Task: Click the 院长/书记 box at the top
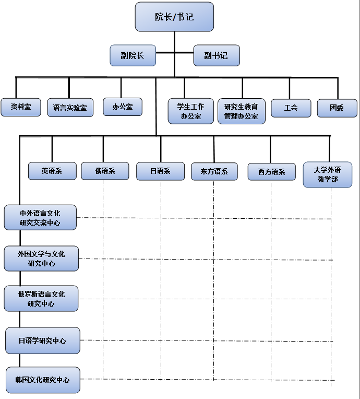pos(174,17)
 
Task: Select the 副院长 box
pos(133,55)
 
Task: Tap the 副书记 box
pos(216,55)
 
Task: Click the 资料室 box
pos(21,107)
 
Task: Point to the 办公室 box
pos(123,107)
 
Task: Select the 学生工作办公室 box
pos(191,111)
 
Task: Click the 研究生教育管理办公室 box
pos(241,111)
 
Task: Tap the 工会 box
pos(291,108)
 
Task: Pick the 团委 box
pos(337,108)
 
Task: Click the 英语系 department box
pos(52,171)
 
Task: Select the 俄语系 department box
pos(105,171)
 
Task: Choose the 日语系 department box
pos(160,171)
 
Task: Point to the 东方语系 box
pos(214,171)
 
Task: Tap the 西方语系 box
pos(271,172)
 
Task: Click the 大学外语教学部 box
pos(328,174)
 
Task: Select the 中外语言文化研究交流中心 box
pos(40,218)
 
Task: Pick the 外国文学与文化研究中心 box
pos(41,259)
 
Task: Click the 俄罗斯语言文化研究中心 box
pos(41,299)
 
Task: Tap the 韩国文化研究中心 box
pos(43,380)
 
